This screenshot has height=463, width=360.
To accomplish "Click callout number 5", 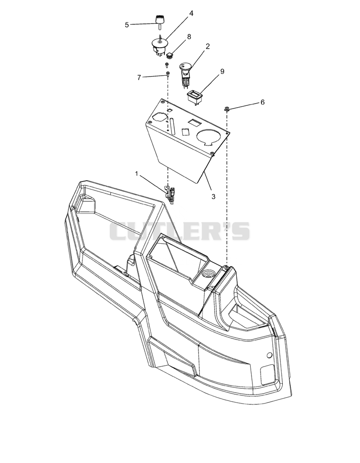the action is click(126, 25).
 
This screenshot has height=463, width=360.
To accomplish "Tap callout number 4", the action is click(191, 14).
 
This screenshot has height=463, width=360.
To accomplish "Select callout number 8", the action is click(189, 36).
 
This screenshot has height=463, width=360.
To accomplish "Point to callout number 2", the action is click(208, 46).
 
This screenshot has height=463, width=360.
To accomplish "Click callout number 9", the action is click(222, 72).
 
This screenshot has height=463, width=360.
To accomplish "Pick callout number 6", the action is click(262, 102).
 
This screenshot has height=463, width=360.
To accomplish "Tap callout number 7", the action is click(139, 77).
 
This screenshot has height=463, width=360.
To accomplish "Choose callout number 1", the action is click(136, 174).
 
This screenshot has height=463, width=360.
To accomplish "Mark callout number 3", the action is click(213, 196).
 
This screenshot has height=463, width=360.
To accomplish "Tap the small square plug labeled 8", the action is click(170, 54).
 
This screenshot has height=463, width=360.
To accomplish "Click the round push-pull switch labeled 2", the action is click(185, 73).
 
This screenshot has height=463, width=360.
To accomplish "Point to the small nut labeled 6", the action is click(227, 109).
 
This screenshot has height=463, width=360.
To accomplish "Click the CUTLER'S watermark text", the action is click(180, 231).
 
